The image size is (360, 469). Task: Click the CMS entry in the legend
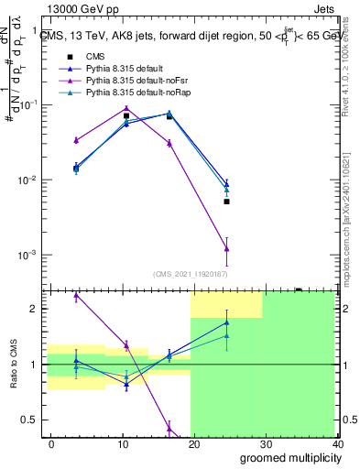click(x=93, y=58)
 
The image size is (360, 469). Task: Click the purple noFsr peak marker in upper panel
click(x=126, y=108)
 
